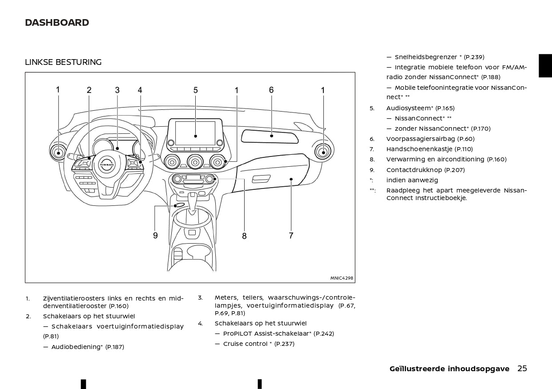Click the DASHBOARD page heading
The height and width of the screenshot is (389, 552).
click(x=57, y=23)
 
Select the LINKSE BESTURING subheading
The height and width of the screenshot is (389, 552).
click(x=63, y=62)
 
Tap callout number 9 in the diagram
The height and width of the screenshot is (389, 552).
click(x=155, y=236)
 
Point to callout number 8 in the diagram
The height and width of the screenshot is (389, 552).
click(x=244, y=236)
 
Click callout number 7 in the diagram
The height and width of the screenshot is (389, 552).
click(x=291, y=236)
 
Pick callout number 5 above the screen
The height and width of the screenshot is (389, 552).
click(x=195, y=90)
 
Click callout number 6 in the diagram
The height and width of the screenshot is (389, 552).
click(x=271, y=90)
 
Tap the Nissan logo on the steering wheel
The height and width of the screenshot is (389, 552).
click(x=107, y=164)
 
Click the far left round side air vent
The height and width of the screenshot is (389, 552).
click(x=58, y=152)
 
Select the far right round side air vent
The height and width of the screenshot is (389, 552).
click(x=323, y=152)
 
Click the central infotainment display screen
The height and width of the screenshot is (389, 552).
click(x=195, y=133)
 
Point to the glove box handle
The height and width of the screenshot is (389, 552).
click(x=261, y=179)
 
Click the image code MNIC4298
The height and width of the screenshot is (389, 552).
click(x=342, y=278)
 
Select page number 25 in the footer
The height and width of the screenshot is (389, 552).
click(x=522, y=369)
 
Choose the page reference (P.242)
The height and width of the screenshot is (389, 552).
click(x=324, y=333)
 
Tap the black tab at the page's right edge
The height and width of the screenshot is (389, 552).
click(x=545, y=66)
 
